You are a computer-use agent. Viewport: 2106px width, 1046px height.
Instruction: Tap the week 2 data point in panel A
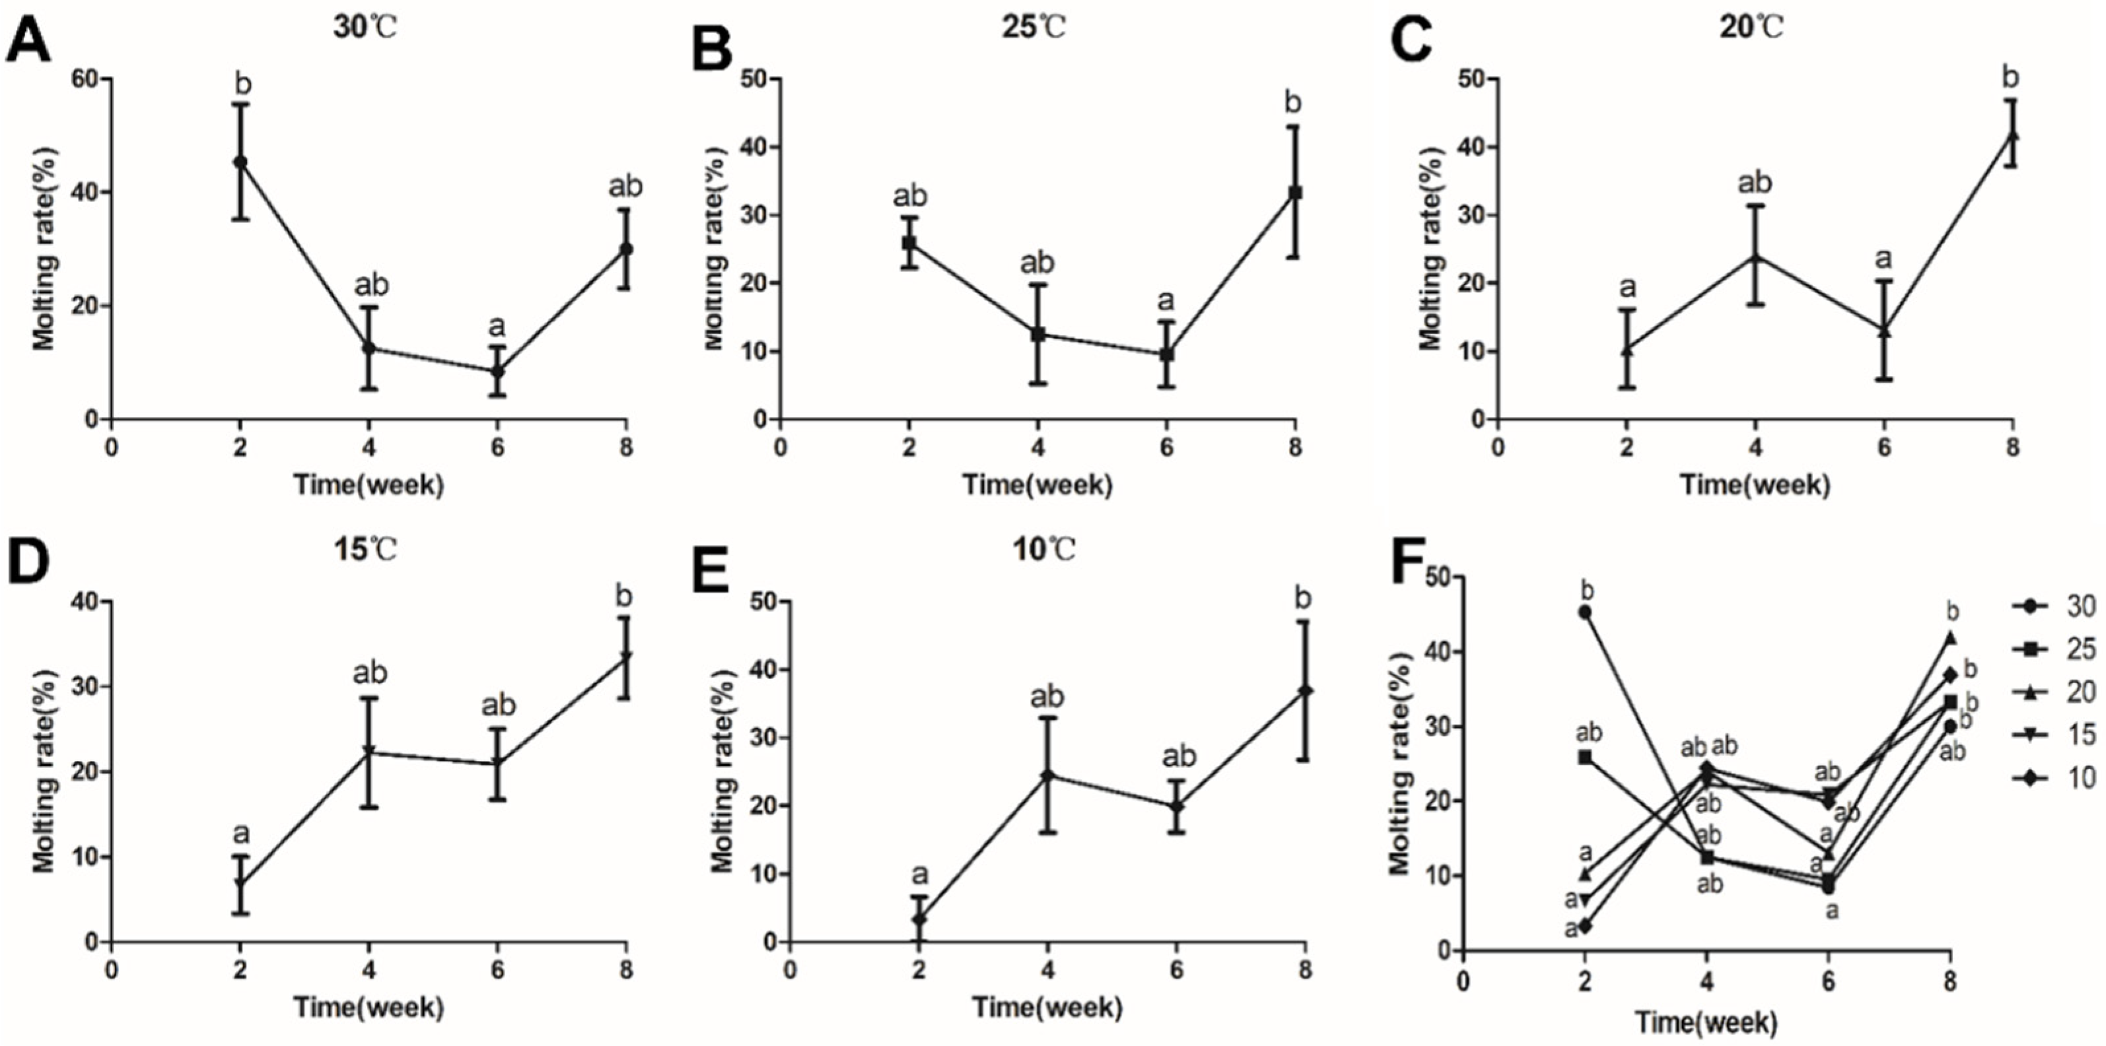240,162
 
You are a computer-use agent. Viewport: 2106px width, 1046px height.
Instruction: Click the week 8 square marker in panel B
1295,193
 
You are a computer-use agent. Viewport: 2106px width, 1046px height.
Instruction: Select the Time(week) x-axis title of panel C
1755,484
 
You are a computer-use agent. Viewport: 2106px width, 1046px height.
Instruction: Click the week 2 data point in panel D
240,884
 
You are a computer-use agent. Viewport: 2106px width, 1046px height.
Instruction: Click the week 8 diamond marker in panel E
1305,692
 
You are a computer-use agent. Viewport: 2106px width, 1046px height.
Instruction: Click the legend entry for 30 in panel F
2056,606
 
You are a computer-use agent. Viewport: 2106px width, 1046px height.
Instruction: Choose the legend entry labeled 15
2056,735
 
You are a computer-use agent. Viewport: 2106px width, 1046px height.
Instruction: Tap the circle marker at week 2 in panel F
1584,611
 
